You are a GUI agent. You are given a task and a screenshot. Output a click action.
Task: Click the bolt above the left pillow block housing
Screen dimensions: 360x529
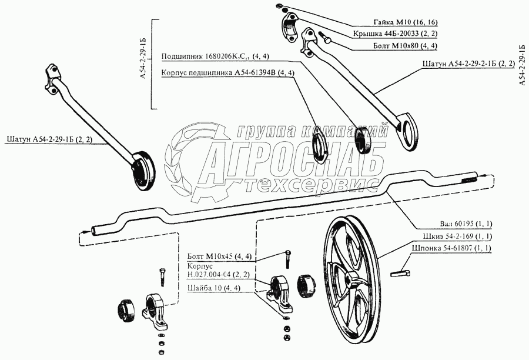click(x=160, y=275)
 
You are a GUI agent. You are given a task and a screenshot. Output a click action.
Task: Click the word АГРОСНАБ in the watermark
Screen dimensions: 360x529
click(x=294, y=161)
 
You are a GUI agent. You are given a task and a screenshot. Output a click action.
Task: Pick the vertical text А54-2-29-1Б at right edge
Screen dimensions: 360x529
click(x=523, y=65)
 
